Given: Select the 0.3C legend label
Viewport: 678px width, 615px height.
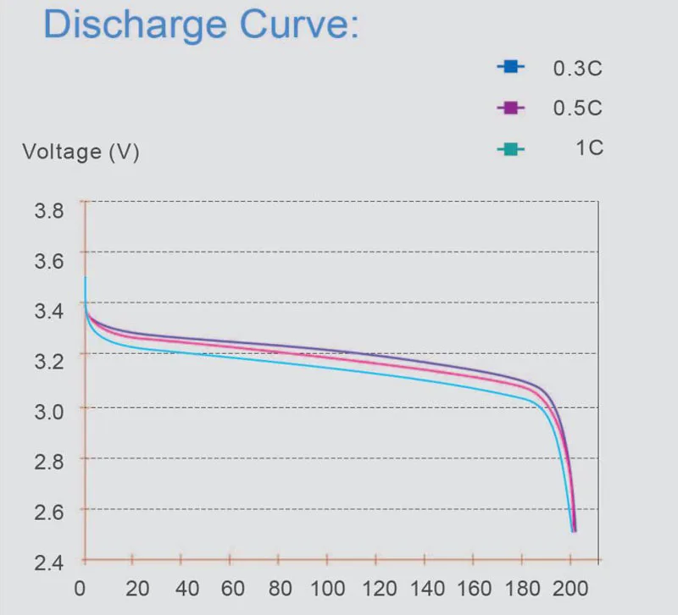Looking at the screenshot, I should point(577,69).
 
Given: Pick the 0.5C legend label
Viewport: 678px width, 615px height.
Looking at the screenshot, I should point(577,108).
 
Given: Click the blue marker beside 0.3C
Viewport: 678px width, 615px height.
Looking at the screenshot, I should point(510,66).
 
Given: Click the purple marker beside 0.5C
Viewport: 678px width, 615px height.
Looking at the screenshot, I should point(510,107).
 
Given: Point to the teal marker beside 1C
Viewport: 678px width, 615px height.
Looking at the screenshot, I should point(510,150).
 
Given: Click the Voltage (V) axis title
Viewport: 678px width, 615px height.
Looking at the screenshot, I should point(81,152).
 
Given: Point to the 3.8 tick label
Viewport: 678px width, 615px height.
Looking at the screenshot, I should point(48,211).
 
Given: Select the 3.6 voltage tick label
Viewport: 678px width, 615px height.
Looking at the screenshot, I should point(48,260).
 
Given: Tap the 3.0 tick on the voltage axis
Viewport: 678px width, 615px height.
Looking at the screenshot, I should point(48,412).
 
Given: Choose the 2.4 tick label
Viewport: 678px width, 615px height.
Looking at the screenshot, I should point(48,562).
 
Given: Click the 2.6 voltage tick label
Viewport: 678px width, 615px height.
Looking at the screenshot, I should point(48,512).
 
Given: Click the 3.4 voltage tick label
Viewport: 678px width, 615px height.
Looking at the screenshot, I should point(48,311).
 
